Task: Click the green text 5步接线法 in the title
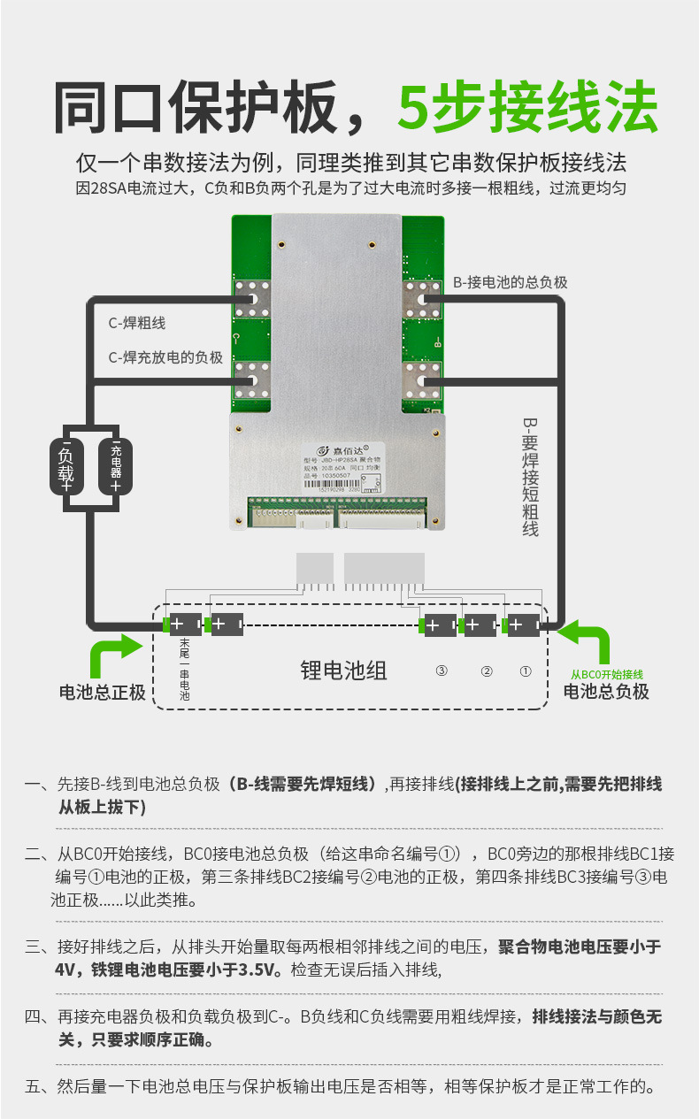(x=527, y=108)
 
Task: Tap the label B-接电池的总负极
(x=511, y=282)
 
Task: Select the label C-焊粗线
(x=137, y=324)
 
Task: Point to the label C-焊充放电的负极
(x=165, y=357)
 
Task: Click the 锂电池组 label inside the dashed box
(x=344, y=671)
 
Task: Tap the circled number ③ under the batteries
(x=442, y=671)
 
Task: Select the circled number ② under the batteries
(x=486, y=671)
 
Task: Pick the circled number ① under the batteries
(x=526, y=671)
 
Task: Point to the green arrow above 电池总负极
(x=585, y=642)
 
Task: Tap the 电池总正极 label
(x=103, y=692)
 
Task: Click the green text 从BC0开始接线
(x=606, y=674)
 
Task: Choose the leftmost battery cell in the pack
(x=185, y=625)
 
